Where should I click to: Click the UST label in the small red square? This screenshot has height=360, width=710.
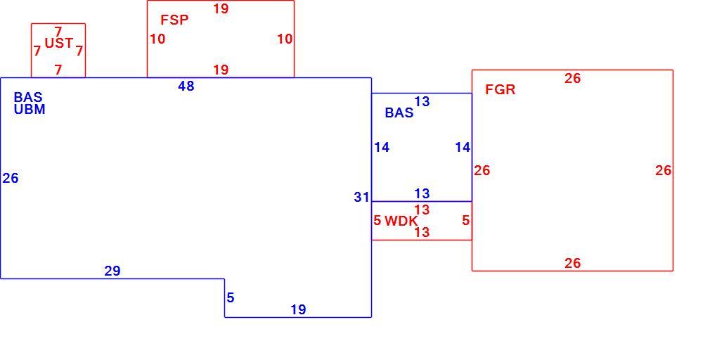tap(59, 43)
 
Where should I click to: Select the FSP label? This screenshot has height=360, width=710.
tap(174, 20)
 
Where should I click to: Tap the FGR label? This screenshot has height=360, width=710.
tap(501, 89)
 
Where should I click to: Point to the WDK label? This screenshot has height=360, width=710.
tap(401, 221)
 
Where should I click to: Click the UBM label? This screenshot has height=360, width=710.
tap(30, 109)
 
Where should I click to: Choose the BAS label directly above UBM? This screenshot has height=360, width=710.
tap(28, 97)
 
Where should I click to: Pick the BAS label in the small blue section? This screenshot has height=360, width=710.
tap(399, 112)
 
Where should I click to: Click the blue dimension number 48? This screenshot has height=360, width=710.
tap(186, 86)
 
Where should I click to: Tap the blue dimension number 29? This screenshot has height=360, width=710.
tap(112, 271)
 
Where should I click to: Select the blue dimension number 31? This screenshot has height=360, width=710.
tap(362, 198)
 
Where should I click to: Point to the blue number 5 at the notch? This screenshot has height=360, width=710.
tap(231, 298)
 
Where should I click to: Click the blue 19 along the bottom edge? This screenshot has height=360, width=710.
tap(298, 310)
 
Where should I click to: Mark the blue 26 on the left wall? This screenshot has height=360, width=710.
tap(11, 179)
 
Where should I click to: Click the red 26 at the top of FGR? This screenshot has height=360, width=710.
tap(572, 78)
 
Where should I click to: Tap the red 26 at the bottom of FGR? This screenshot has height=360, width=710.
tap(572, 263)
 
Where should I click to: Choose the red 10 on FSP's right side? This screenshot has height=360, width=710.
tap(285, 39)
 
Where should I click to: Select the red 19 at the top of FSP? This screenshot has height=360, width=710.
tap(221, 8)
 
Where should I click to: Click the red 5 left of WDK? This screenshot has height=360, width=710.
tap(377, 221)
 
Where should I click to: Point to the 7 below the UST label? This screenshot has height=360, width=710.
tap(58, 70)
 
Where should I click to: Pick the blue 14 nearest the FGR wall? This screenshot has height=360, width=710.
tap(463, 147)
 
